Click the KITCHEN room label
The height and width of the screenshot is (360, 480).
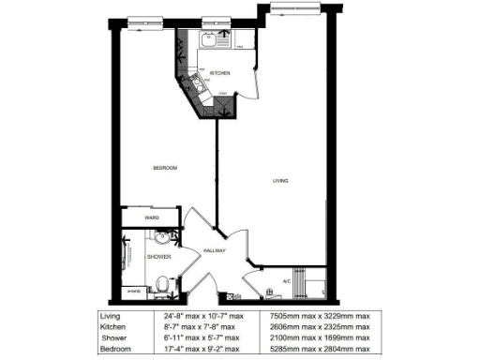pos(220,73)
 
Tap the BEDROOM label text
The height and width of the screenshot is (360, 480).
pos(165,168)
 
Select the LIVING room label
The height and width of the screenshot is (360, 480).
pos(280,181)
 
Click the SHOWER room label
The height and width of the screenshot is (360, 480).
pos(156,255)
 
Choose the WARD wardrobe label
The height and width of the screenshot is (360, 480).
pos(151,217)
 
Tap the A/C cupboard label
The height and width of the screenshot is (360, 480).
pos(287,280)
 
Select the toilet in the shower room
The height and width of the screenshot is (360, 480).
pos(161,280)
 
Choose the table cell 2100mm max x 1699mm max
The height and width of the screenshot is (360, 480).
pos(319,337)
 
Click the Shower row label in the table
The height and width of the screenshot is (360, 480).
pos(114,337)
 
